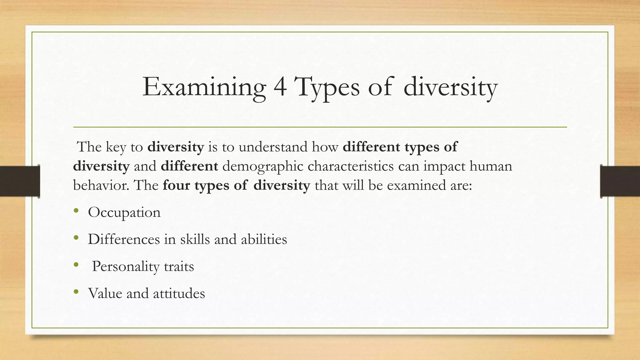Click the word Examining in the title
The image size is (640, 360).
click(204, 87)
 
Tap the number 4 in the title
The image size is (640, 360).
click(280, 87)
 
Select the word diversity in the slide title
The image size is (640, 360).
click(450, 87)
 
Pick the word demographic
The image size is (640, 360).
click(263, 166)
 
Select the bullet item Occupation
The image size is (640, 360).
click(124, 212)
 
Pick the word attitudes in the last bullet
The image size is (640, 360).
click(179, 293)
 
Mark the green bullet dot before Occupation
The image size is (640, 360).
click(76, 211)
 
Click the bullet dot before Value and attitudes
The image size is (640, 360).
click(76, 292)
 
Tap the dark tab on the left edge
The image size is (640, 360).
click(20, 181)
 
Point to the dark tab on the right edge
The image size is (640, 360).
click(620, 181)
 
